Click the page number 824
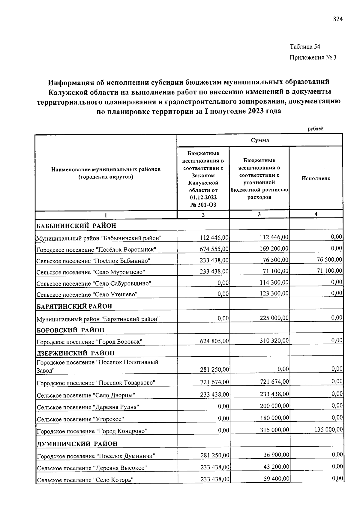pos(337,19)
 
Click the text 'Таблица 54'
pos(305,46)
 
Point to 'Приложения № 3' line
pos(313,57)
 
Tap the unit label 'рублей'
pos(316,129)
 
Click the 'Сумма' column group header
pos(260,140)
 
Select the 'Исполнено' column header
pos(316,178)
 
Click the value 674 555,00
pos(214,249)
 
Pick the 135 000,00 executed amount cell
pos(328,430)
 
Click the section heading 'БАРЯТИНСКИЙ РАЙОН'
pos(74,306)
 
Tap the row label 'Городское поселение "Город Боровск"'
pos(89,342)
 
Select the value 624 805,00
pos(214,341)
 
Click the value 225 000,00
pos(274,318)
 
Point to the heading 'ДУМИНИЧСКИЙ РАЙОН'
pos(77,444)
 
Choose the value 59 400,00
pos(276,479)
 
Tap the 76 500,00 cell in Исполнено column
pos(329,259)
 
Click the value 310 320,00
pos(274,340)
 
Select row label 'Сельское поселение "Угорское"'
pos(80,419)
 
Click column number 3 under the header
pos(259,214)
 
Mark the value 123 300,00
pos(274,294)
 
